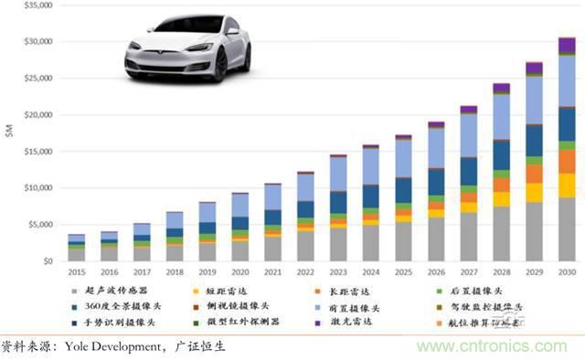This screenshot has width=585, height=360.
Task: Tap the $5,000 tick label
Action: pyautogui.click(x=39, y=225)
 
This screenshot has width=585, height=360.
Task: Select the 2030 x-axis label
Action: pyautogui.click(x=567, y=272)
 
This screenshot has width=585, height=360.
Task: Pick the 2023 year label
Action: pyautogui.click(x=338, y=272)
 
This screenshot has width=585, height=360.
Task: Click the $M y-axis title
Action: pyautogui.click(x=10, y=133)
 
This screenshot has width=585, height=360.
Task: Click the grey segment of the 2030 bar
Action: pyautogui.click(x=567, y=229)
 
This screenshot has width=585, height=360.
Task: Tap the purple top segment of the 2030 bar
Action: pyautogui.click(x=567, y=46)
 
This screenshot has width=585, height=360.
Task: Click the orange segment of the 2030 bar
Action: pyautogui.click(x=567, y=161)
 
